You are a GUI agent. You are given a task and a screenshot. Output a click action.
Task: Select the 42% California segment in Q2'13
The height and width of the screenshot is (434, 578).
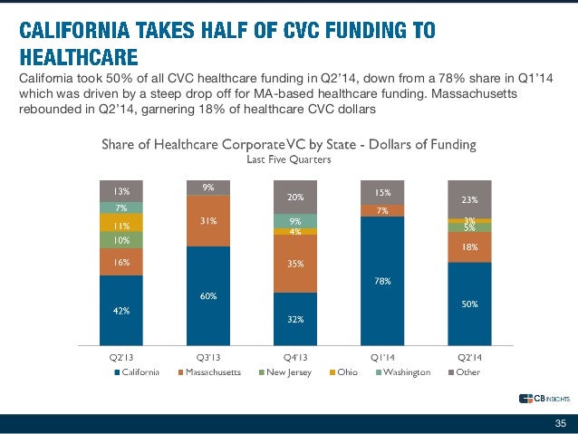pyautogui.click(x=121, y=310)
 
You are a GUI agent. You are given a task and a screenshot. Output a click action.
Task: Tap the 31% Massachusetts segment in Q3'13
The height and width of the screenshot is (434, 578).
pyautogui.click(x=208, y=221)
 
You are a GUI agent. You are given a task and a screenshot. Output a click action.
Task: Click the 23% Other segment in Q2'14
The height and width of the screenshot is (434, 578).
pyautogui.click(x=469, y=199)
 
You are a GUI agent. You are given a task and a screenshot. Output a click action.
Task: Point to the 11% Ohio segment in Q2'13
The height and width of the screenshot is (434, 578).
pyautogui.click(x=121, y=226)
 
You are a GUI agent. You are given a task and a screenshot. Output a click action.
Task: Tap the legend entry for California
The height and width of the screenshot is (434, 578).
pyautogui.click(x=145, y=371)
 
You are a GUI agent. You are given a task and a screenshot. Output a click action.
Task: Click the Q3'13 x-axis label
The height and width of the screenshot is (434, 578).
pyautogui.click(x=208, y=357)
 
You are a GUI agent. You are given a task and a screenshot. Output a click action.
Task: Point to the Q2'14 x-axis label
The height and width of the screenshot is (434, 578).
pyautogui.click(x=469, y=357)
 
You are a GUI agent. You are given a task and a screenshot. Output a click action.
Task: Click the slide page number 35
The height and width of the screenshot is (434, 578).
pyautogui.click(x=560, y=423)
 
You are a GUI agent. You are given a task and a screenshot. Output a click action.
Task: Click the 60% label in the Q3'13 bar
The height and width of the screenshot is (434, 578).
pyautogui.click(x=208, y=296)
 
